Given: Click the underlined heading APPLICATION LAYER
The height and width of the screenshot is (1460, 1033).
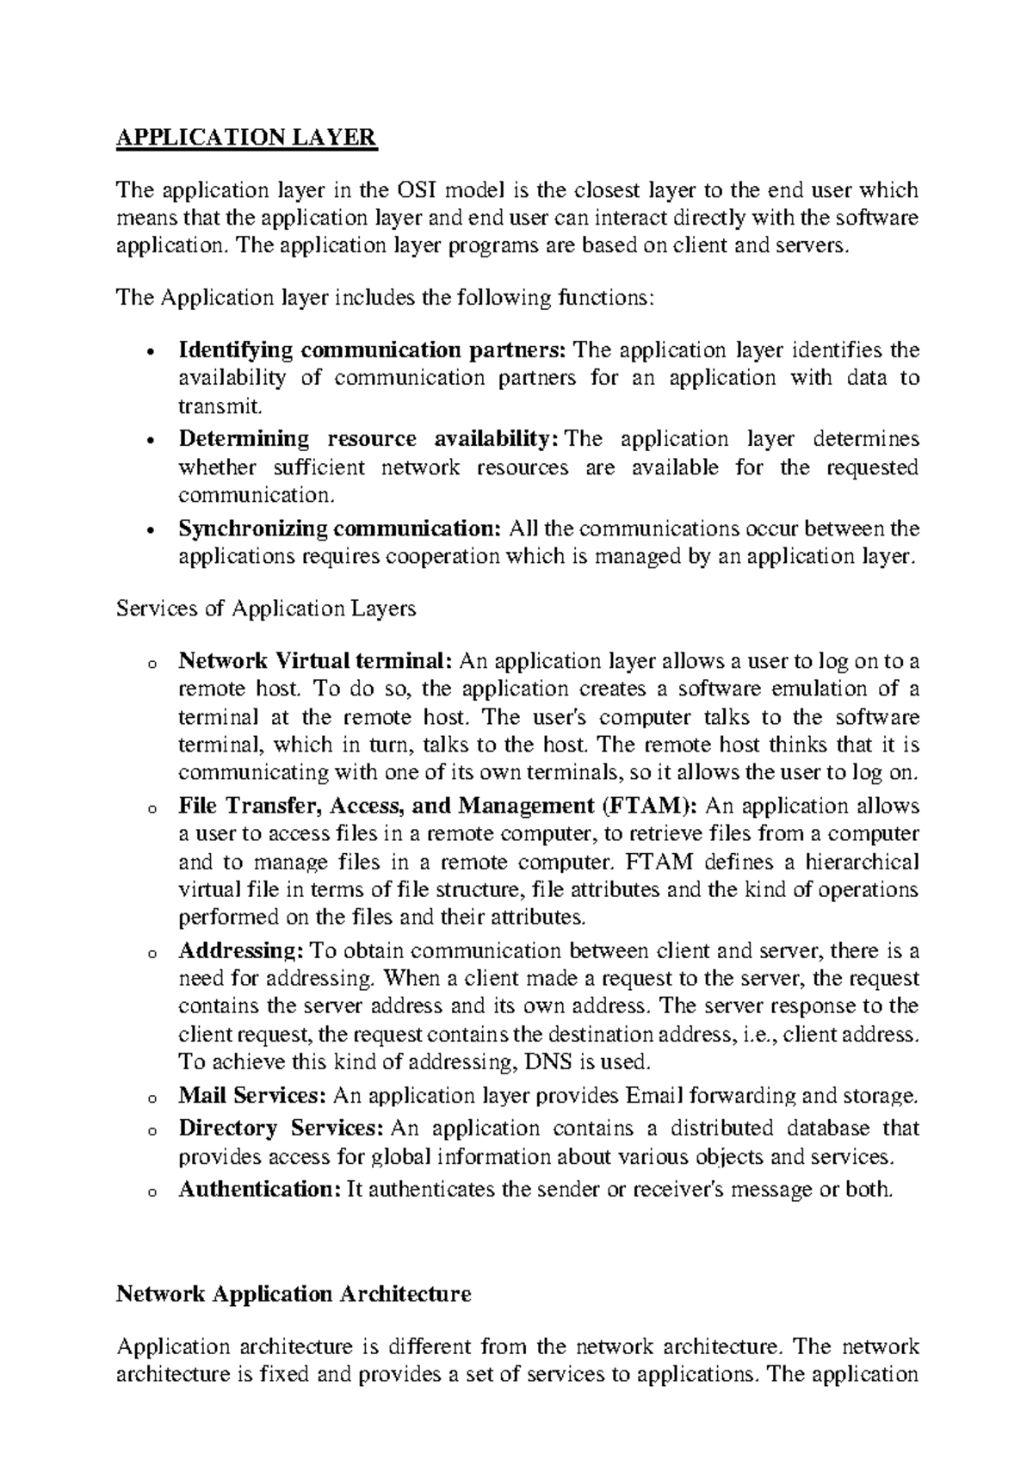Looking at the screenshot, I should click(x=246, y=138).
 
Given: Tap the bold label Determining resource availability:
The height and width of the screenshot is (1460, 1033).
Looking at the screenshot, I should click(x=364, y=439).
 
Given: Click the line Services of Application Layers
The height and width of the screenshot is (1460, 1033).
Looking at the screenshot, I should click(x=266, y=609).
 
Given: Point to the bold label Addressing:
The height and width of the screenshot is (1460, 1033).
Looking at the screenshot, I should click(x=241, y=951).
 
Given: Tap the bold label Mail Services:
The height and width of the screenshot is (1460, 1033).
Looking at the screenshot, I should click(x=252, y=1096).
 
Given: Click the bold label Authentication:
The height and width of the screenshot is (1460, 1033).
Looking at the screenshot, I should click(x=261, y=1190).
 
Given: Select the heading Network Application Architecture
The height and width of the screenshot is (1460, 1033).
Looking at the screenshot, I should click(x=294, y=1294).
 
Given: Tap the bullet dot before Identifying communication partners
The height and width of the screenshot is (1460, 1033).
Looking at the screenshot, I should click(x=151, y=352).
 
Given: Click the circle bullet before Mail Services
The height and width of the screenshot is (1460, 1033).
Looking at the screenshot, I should click(x=151, y=1098).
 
